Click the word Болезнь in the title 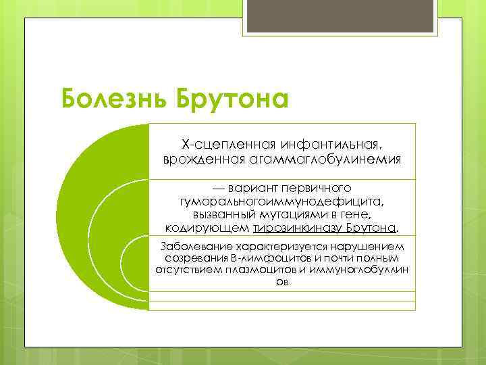[x=114, y=99]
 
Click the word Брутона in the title [x=233, y=99]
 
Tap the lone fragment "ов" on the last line [x=282, y=283]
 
